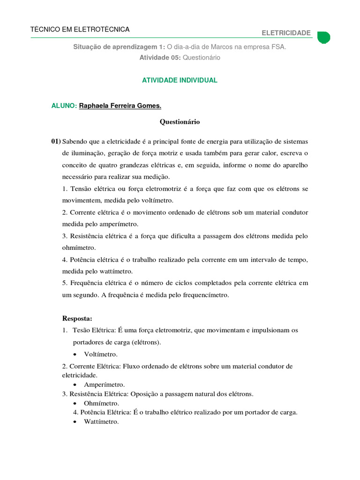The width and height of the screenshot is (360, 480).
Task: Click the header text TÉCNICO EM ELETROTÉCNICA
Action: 80,30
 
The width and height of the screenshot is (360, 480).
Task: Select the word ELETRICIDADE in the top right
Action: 286,33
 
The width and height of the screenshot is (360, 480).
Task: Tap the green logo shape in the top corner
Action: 323,37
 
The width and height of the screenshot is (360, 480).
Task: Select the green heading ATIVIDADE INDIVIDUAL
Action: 180,80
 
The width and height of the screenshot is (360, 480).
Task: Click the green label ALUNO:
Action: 64,106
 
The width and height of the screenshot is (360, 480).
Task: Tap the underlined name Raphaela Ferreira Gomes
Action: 123,106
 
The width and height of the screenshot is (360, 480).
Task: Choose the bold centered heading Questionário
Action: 180,122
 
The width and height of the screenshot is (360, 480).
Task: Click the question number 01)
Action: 56,142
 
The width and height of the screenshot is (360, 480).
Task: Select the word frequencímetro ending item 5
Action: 206,295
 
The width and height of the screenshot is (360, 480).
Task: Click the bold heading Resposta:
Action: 77,319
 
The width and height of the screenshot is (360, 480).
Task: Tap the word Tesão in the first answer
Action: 82,330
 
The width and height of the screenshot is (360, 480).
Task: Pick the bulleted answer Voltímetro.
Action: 101,354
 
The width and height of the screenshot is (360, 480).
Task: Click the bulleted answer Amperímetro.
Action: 104,385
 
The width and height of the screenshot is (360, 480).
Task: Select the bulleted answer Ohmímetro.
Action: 101,403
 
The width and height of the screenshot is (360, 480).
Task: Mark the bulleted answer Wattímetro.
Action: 101,421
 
